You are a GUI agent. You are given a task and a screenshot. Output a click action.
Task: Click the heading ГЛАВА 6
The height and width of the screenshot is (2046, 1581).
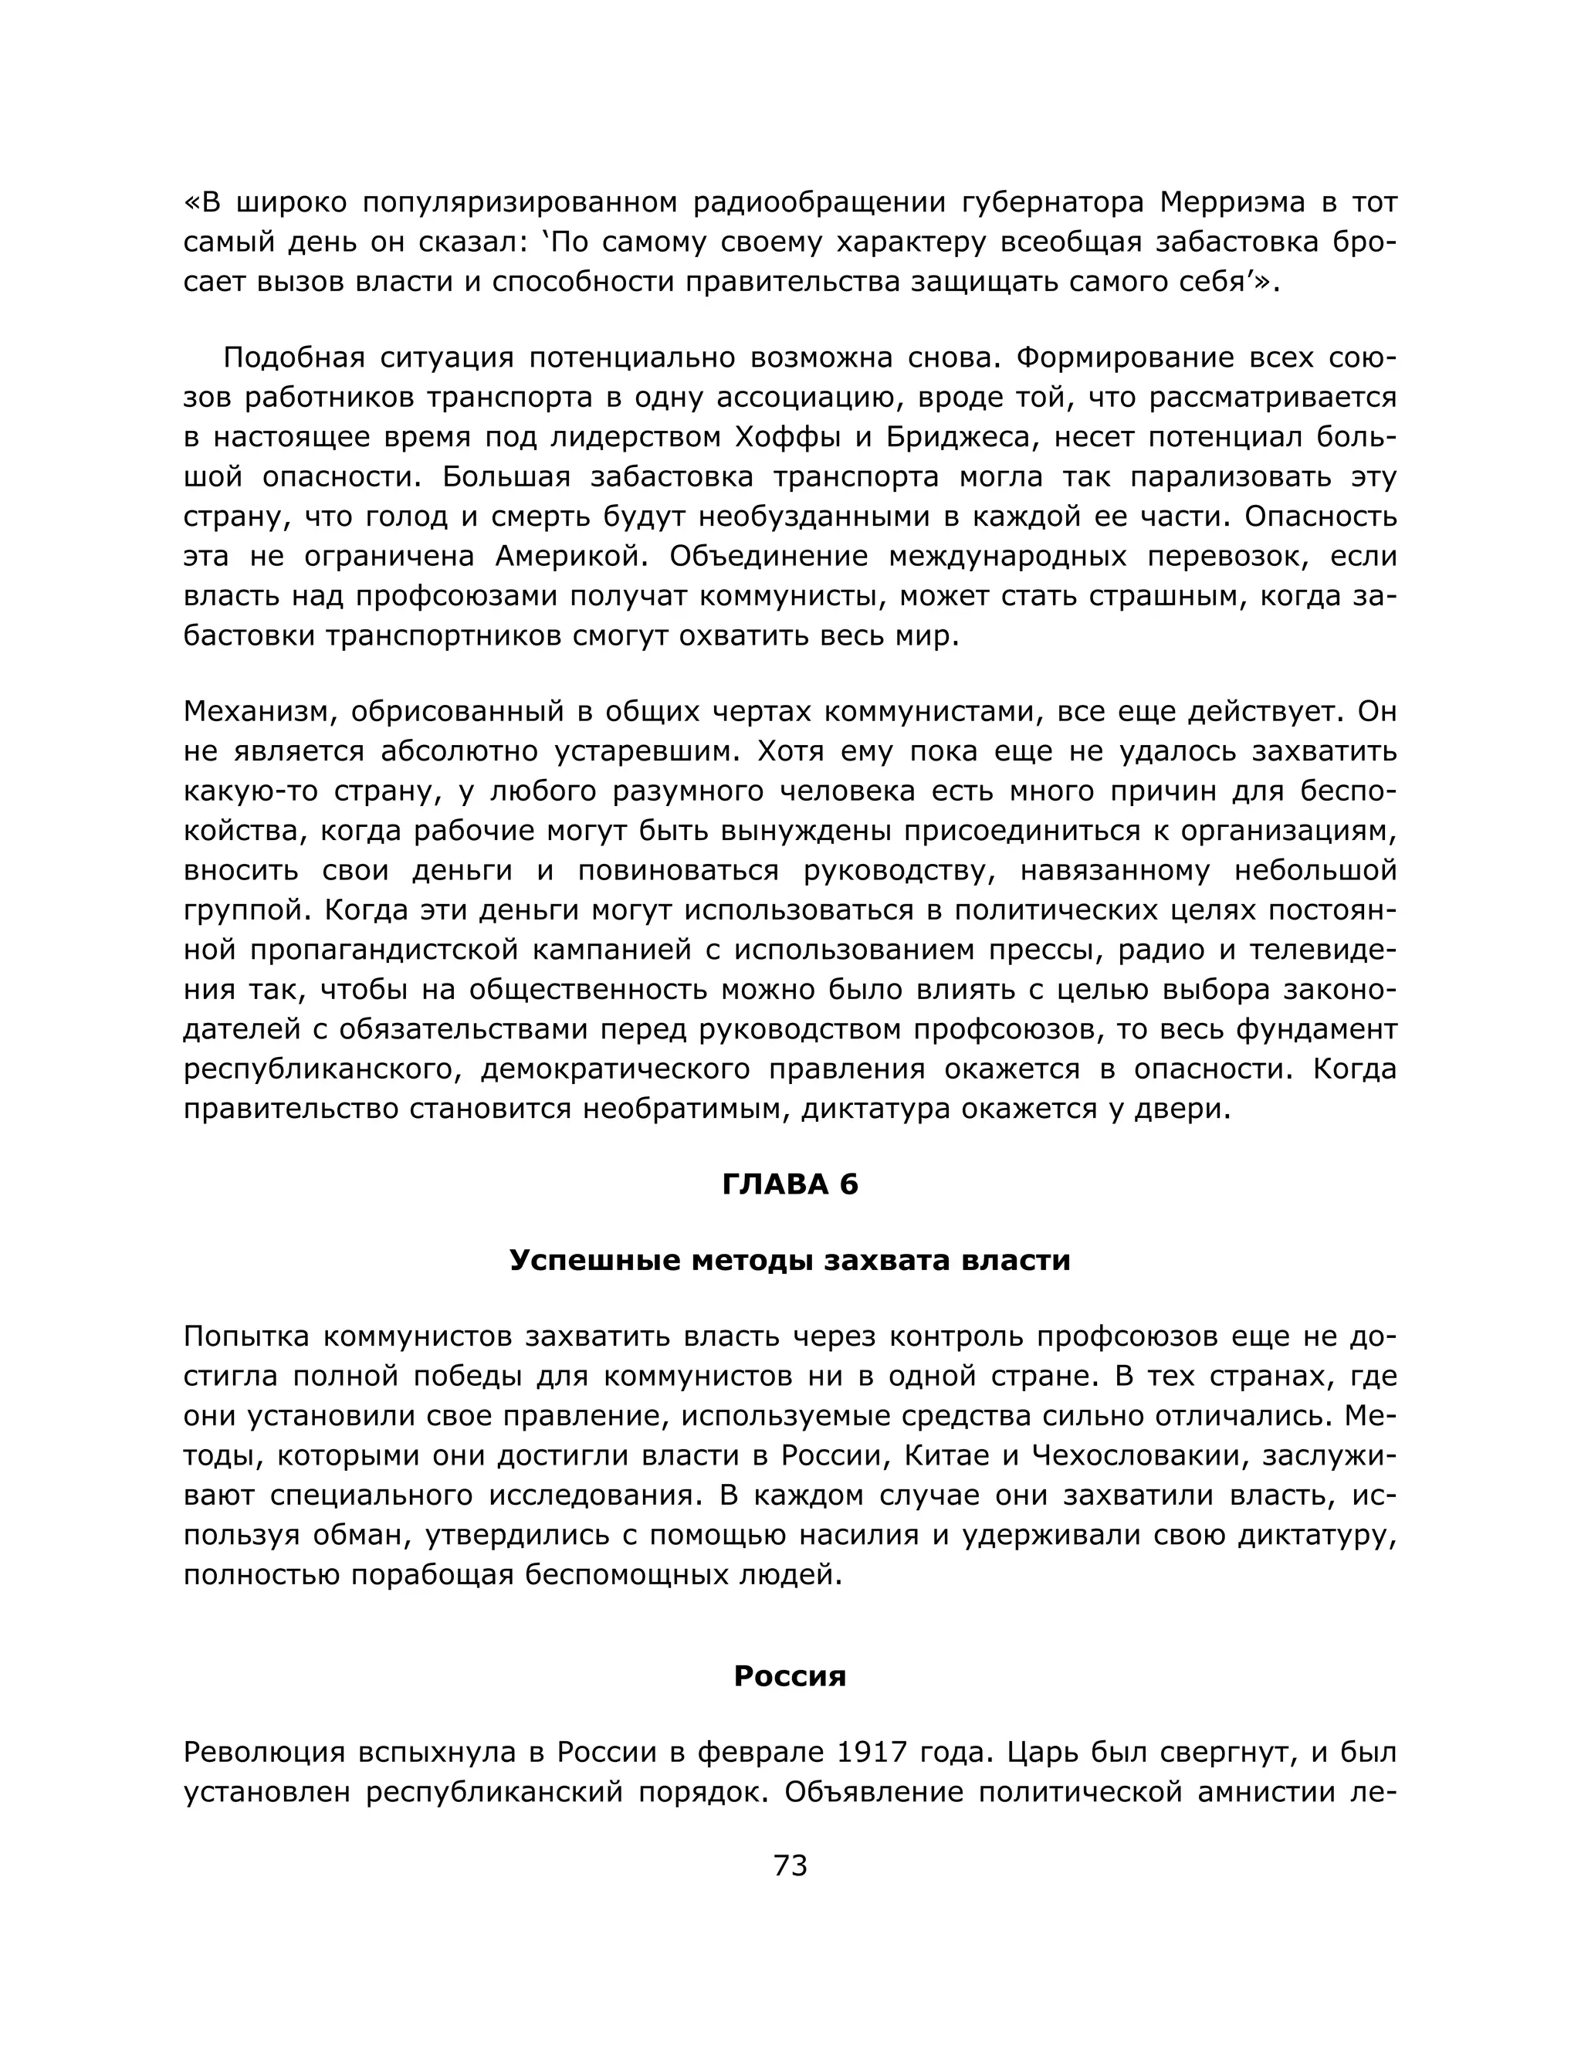point(790,1185)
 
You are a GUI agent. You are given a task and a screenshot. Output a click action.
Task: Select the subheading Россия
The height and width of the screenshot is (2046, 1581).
point(790,1676)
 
